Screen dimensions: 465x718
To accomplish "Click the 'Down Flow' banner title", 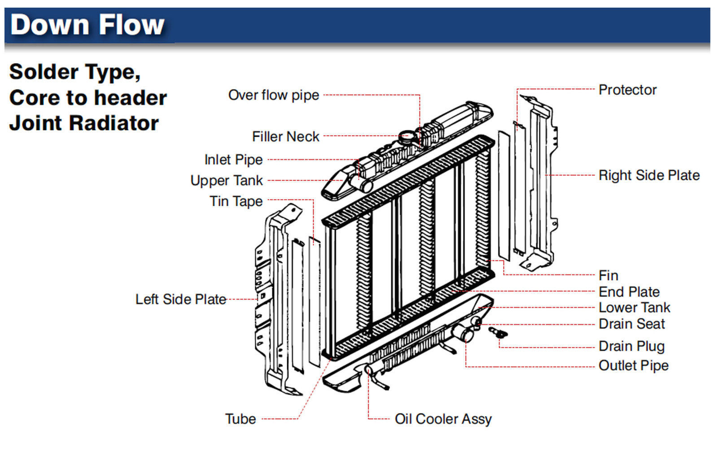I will [87, 25].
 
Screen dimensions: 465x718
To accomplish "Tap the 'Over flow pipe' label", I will [273, 95].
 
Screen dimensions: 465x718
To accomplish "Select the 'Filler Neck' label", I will [285, 136].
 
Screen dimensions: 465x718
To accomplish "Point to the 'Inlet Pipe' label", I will [233, 160].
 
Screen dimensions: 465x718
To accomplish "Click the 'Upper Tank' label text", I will [227, 180].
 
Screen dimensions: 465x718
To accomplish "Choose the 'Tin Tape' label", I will [236, 201].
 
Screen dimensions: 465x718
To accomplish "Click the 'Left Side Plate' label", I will [180, 299].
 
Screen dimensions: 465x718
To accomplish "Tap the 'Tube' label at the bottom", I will [241, 419].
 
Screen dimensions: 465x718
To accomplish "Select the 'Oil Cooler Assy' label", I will [443, 419].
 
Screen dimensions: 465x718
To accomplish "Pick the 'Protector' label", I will [627, 90].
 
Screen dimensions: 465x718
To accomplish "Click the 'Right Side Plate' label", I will [649, 175].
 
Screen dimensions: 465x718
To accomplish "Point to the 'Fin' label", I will [608, 275].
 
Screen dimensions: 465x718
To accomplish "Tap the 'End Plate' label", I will [629, 292].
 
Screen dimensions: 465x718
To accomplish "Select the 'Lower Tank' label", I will [634, 308].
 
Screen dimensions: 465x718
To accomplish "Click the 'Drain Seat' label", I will [631, 324].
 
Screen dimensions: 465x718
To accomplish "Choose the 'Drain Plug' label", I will [631, 346].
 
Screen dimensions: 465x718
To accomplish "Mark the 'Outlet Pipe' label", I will [633, 365].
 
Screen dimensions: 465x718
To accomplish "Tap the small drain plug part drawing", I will [497, 333].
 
